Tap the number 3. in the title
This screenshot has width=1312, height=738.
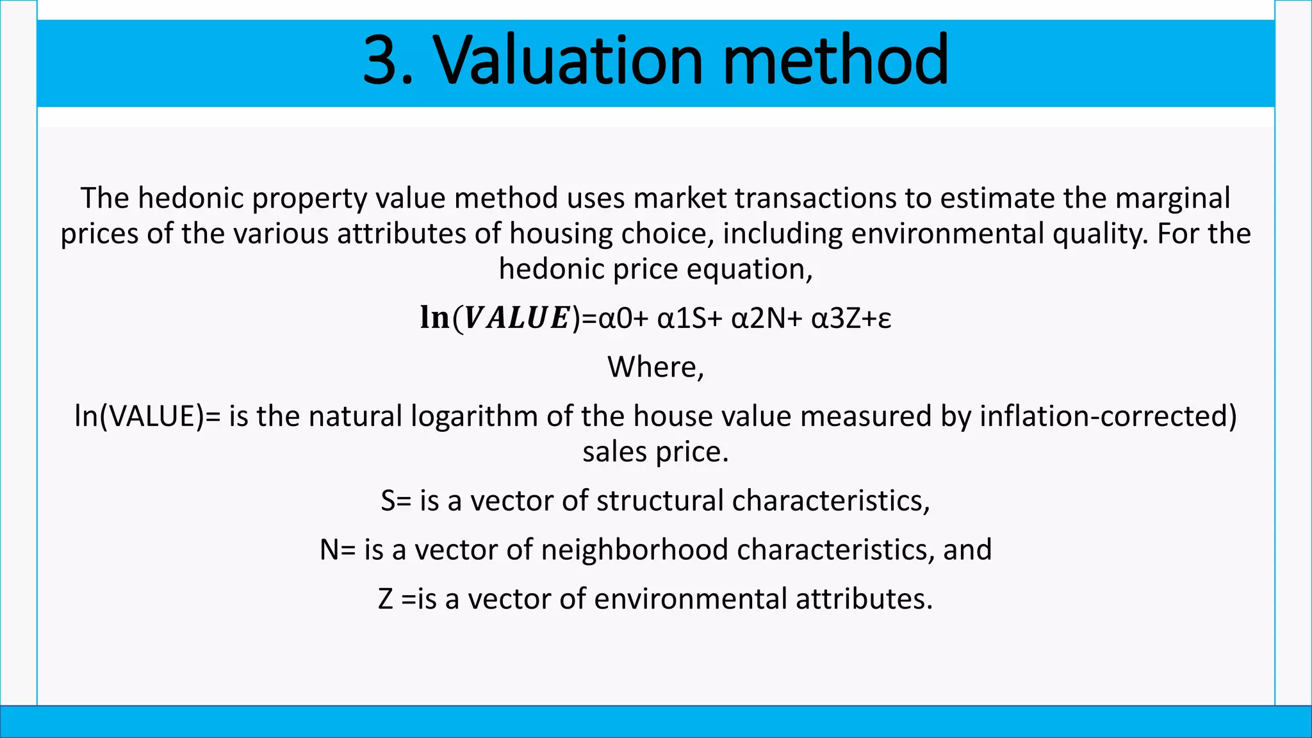pyautogui.click(x=388, y=60)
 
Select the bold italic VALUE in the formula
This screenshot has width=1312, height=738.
pyautogui.click(x=516, y=318)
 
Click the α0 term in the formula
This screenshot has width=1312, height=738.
pyautogui.click(x=615, y=318)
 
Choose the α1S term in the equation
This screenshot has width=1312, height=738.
pyautogui.click(x=682, y=318)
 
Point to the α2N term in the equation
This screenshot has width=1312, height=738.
pyautogui.click(x=758, y=318)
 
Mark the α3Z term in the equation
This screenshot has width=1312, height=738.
pyautogui.click(x=837, y=318)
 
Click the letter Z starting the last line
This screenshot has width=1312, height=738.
pyautogui.click(x=386, y=599)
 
